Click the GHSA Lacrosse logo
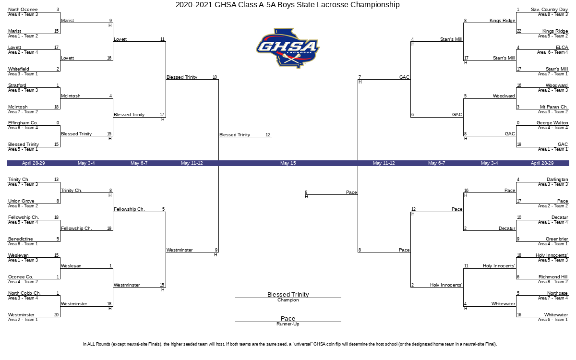point(288,48)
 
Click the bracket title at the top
point(288,5)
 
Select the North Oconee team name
point(23,10)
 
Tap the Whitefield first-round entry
point(19,69)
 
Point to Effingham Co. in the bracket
point(23,123)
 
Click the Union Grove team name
point(21,201)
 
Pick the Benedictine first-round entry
point(20,239)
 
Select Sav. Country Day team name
point(549,10)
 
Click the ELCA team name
point(562,48)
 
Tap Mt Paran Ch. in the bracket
point(554,107)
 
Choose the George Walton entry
point(552,123)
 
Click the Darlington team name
point(557,180)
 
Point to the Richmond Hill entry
point(553,276)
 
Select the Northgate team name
point(557,293)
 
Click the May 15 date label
point(288,163)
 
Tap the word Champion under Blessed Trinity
point(288,300)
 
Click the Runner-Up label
point(288,324)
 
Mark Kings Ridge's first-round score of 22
point(519,31)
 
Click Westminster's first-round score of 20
point(56,315)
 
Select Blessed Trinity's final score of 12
point(268,135)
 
